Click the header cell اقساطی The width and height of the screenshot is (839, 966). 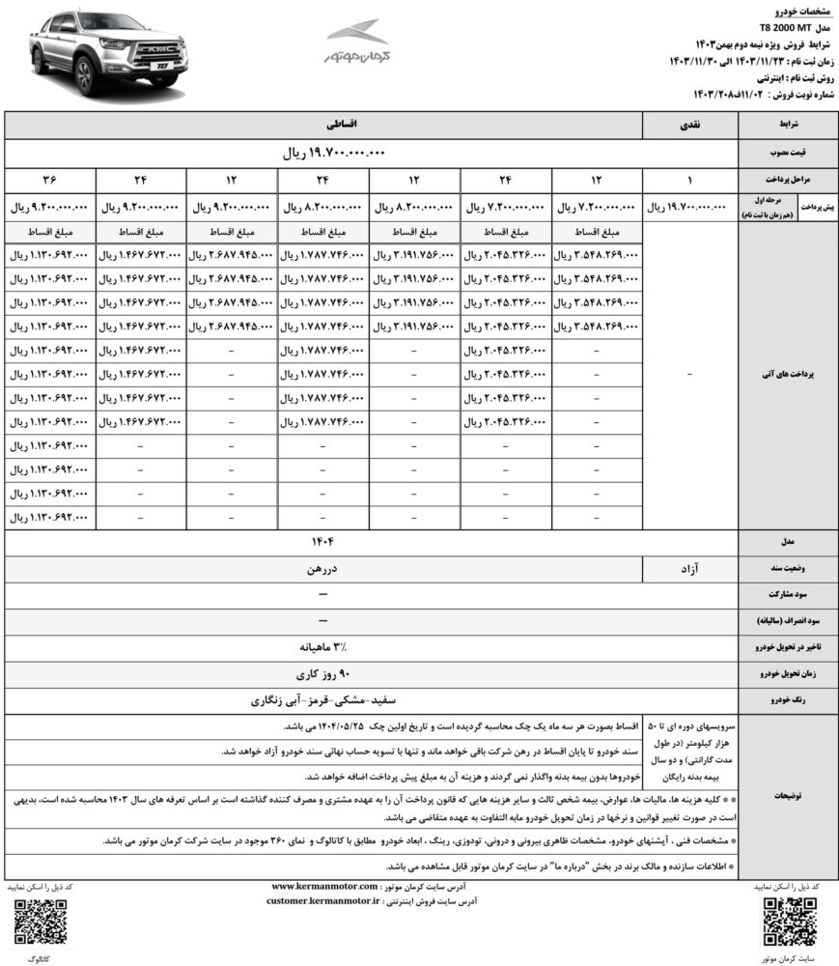pos(324,126)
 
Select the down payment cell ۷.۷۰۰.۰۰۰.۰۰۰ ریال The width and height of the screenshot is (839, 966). pos(506,207)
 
